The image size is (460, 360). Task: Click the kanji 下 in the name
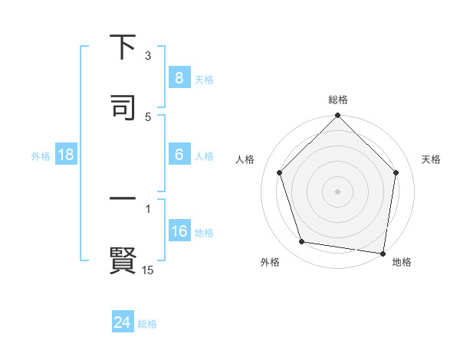(123, 48)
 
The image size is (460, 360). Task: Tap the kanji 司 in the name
(123, 107)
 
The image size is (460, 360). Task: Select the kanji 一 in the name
(123, 201)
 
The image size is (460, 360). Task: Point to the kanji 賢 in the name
(123, 260)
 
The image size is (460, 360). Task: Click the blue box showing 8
(179, 78)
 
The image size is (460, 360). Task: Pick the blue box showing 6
(179, 155)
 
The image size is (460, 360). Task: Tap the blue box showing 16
(179, 231)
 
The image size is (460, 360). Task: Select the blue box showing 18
(66, 155)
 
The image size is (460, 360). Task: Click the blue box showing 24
(123, 322)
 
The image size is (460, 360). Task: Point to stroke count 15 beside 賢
(148, 270)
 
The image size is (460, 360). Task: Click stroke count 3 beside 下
(148, 56)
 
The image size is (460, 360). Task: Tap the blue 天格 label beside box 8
(204, 79)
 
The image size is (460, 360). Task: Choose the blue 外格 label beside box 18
(41, 155)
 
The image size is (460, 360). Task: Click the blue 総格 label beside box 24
(148, 323)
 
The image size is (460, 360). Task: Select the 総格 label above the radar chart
(337, 100)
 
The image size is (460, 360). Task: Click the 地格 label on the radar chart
(402, 262)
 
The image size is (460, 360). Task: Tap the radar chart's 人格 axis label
(245, 159)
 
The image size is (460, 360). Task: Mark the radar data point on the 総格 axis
(337, 116)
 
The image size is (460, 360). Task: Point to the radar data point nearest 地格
(383, 253)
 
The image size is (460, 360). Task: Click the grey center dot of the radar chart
(337, 191)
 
